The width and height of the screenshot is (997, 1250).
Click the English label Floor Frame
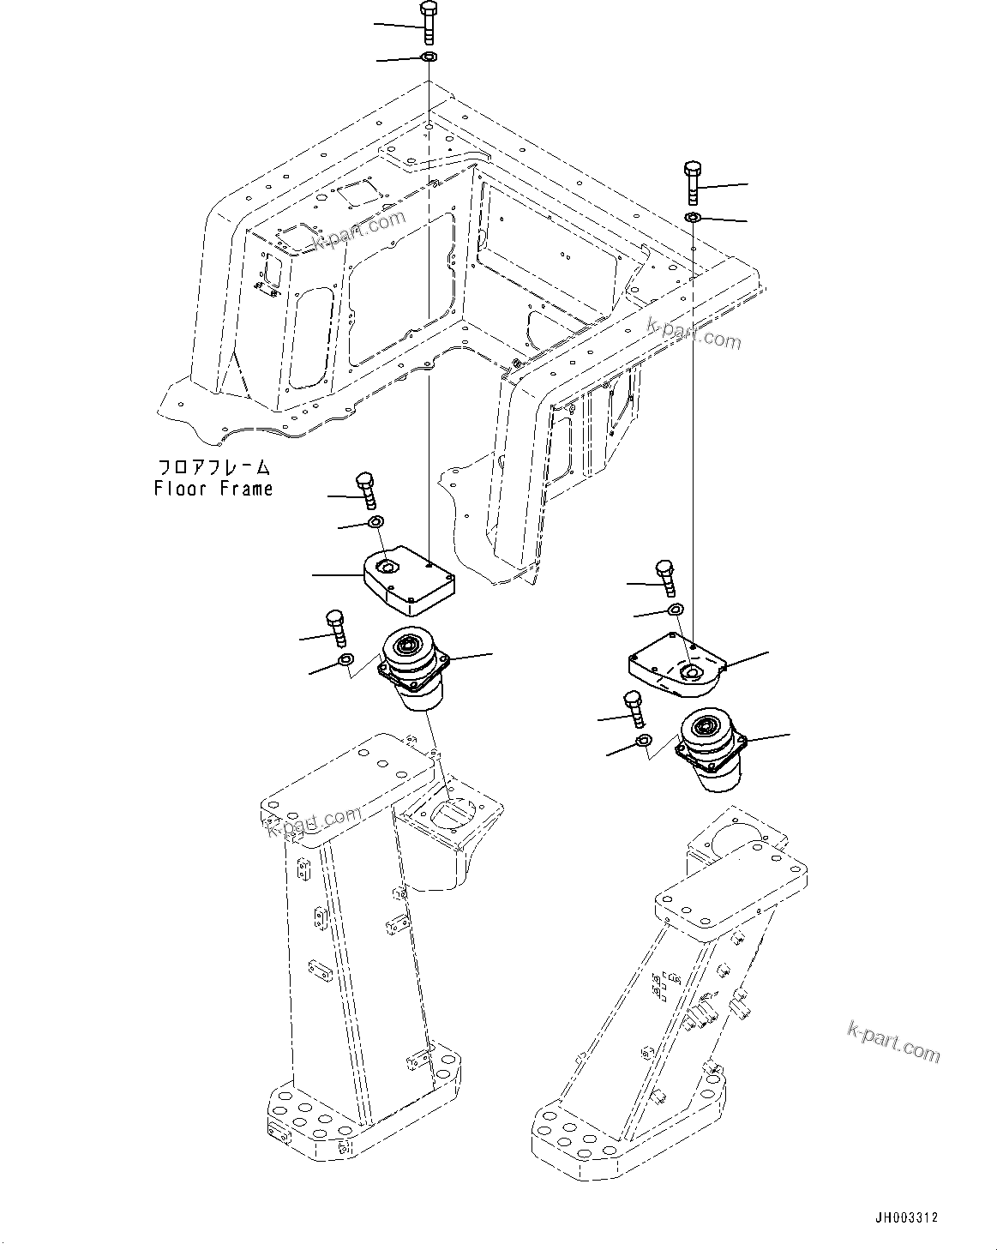click(213, 489)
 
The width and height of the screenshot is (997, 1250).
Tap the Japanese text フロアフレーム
click(213, 468)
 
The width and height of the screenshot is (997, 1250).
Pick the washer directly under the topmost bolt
click(429, 57)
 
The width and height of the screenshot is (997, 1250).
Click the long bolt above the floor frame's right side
click(694, 182)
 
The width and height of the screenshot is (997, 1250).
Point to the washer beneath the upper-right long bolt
click(694, 218)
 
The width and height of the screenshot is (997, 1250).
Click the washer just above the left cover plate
click(375, 522)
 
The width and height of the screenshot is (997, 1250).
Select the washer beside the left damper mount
click(345, 659)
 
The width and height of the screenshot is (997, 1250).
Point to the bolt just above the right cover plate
click(664, 578)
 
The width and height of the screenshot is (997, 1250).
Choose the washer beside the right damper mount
click(643, 741)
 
